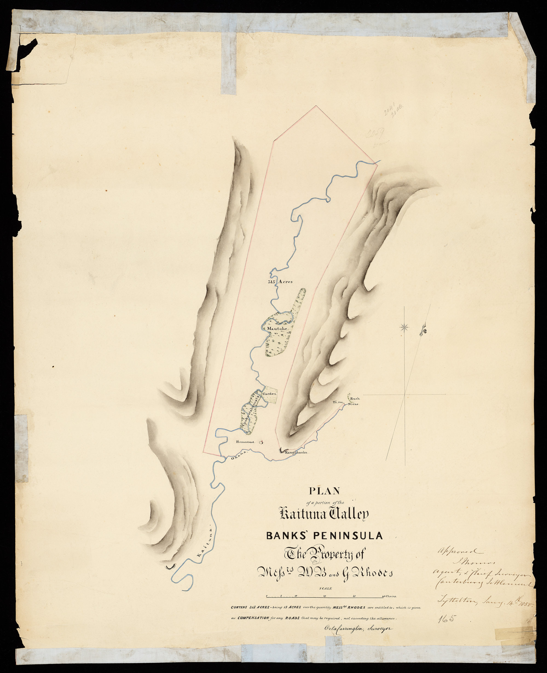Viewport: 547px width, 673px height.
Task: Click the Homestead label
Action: [x=245, y=442]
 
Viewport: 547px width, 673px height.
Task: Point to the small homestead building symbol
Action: [x=261, y=442]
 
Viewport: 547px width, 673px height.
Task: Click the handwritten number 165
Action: [x=447, y=619]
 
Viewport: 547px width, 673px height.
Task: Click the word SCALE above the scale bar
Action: [x=325, y=588]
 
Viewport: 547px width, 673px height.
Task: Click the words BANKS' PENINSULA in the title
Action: [x=325, y=536]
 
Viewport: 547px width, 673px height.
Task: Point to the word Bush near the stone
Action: [x=355, y=399]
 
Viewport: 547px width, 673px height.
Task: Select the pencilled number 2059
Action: [x=375, y=135]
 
